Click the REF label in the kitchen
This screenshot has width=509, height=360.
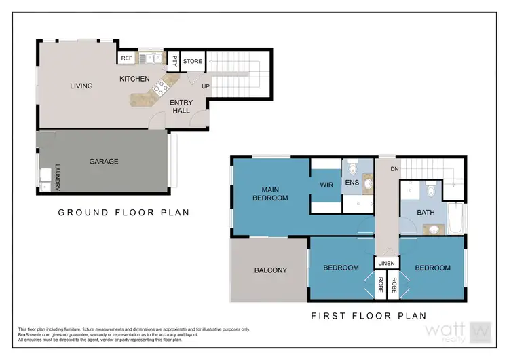(x=126, y=59)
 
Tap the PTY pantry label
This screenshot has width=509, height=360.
(x=174, y=61)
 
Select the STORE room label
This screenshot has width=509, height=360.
(x=192, y=62)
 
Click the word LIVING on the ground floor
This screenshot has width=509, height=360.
(x=81, y=86)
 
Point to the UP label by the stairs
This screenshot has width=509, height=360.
(x=205, y=86)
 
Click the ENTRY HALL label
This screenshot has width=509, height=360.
(x=181, y=107)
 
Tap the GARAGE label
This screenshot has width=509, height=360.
(x=103, y=162)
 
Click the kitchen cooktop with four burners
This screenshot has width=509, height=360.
(x=162, y=87)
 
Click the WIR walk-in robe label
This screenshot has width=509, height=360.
(x=325, y=184)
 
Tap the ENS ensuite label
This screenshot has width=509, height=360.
(x=352, y=183)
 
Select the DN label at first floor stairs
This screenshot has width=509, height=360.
(x=392, y=168)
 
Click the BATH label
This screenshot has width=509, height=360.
(x=426, y=213)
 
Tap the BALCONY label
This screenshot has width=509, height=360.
(x=270, y=270)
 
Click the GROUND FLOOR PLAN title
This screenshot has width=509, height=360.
(x=124, y=213)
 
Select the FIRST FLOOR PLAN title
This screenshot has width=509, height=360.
(x=368, y=315)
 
